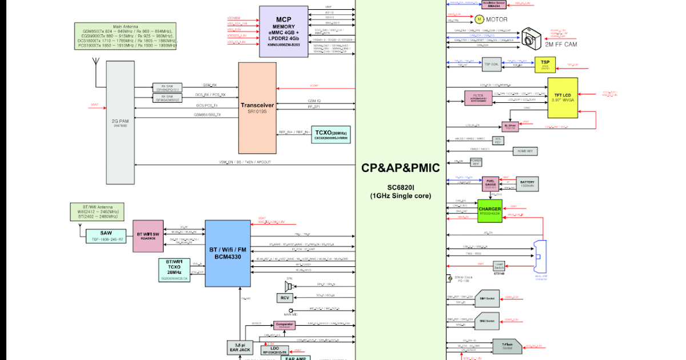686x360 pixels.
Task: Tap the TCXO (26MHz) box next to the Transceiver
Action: tap(331, 134)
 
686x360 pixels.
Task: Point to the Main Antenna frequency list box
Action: tap(126, 36)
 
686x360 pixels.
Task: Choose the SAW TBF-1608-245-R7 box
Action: tap(106, 235)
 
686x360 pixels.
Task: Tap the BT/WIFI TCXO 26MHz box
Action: tap(174, 269)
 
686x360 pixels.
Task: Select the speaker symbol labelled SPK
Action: tap(288, 285)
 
